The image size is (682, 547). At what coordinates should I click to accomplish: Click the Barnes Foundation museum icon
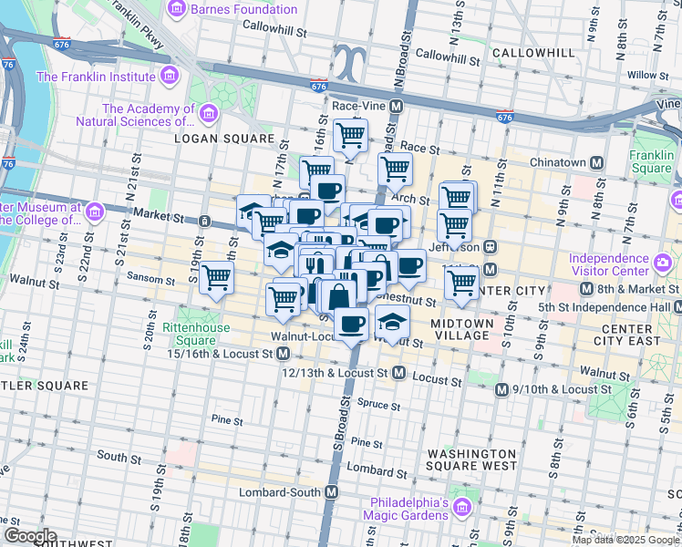[178, 9]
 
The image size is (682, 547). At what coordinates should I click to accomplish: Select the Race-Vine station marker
[397, 107]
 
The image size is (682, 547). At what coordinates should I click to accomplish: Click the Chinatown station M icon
[596, 162]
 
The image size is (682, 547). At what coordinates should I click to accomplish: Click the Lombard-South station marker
[332, 491]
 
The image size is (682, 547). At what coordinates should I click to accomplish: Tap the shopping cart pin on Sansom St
[217, 276]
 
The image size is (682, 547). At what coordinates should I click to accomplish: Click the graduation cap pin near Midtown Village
[392, 322]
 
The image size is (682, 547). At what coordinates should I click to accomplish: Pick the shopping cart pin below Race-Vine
[350, 137]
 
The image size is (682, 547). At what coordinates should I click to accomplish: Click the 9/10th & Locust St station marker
[501, 389]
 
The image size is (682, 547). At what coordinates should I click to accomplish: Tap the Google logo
[29, 536]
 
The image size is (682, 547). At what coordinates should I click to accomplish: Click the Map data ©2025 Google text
[625, 540]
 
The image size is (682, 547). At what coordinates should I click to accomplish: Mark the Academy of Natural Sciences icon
[210, 114]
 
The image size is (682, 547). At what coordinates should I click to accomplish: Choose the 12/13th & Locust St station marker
[398, 373]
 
